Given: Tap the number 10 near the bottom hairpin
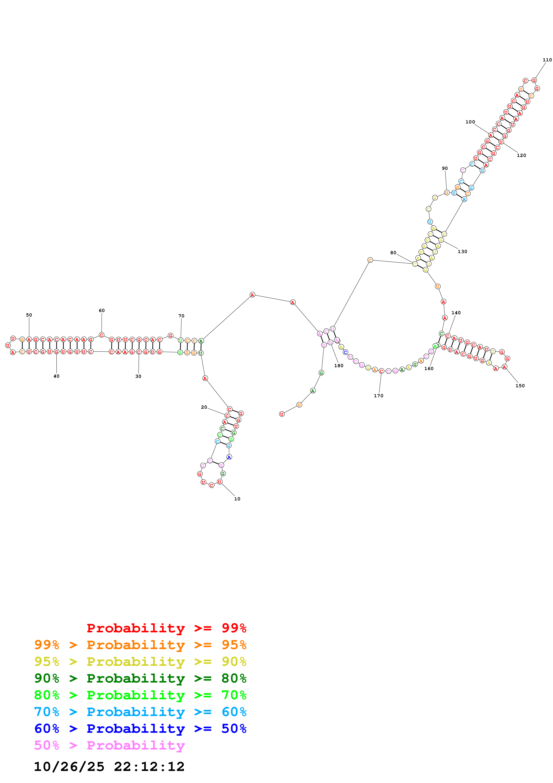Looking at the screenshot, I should [237, 499].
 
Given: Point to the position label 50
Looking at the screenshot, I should [29, 315].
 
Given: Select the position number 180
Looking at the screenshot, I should [339, 366].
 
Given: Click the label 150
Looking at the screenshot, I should [520, 386].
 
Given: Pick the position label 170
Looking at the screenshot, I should [379, 396].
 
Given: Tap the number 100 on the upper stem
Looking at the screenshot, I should [470, 122].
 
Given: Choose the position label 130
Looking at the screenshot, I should [462, 252].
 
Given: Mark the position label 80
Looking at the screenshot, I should [393, 253].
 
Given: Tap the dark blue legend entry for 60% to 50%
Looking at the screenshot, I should [140, 729].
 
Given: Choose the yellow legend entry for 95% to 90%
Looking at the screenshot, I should [140, 662].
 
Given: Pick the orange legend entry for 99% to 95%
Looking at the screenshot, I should [140, 645].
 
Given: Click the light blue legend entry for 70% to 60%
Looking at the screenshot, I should [140, 712].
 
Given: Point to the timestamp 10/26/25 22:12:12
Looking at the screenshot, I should [109, 767].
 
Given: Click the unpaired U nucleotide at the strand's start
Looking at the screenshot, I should [282, 414].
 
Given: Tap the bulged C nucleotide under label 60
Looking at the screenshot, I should [101, 335].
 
